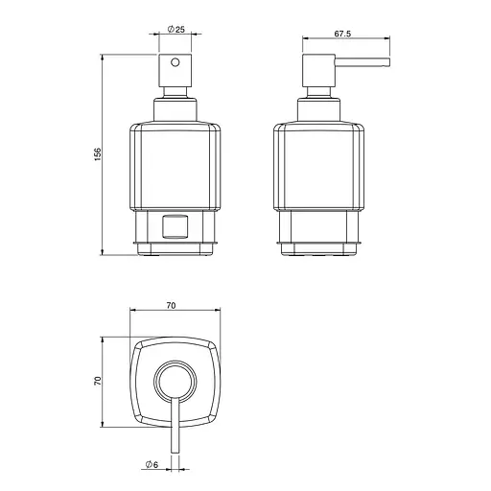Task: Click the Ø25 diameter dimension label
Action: click(x=176, y=30)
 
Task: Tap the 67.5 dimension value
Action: click(x=342, y=34)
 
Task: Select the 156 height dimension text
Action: click(x=98, y=154)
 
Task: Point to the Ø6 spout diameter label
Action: click(x=152, y=464)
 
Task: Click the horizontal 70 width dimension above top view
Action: click(x=171, y=306)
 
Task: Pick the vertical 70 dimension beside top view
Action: click(x=98, y=381)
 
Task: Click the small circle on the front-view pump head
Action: click(x=175, y=62)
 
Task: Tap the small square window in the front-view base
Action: click(x=175, y=227)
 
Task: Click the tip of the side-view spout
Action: click(x=389, y=62)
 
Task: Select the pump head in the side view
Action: click(x=318, y=70)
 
